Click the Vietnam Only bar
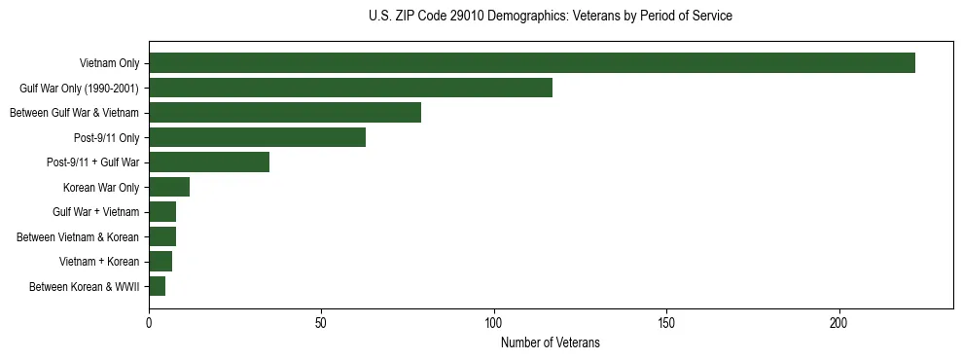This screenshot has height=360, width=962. tap(532, 63)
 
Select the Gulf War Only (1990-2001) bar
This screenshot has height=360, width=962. tap(350, 88)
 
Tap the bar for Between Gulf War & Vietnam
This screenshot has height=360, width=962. tap(285, 113)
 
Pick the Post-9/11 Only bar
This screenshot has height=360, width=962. tap(257, 137)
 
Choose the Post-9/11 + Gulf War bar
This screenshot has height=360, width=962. tap(209, 162)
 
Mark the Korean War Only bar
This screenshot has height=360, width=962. tap(169, 187)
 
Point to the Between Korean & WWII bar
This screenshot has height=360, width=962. tap(157, 286)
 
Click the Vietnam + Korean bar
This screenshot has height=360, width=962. tap(160, 261)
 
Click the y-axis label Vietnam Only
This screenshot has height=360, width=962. tap(109, 64)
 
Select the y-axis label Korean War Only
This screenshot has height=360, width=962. tap(101, 188)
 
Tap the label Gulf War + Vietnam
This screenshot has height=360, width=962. tap(95, 212)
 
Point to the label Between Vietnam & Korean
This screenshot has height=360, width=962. tap(78, 236)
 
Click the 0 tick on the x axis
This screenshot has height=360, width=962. tap(149, 322)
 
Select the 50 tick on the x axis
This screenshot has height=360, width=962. tap(321, 322)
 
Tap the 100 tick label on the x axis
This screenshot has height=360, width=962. tap(494, 322)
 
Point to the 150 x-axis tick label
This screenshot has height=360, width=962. tap(666, 322)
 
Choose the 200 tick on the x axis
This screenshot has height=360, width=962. tap(839, 322)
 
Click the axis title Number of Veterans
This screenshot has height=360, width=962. tap(550, 342)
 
